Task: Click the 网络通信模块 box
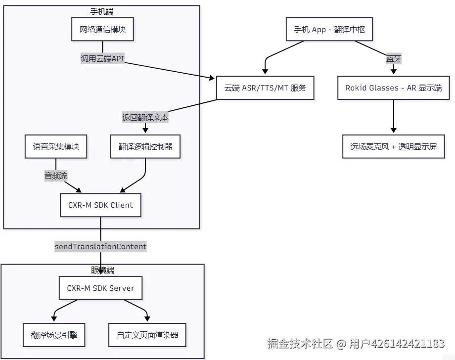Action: click(102, 29)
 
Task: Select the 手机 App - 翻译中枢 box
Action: click(329, 29)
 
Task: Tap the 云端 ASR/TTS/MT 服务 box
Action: click(265, 88)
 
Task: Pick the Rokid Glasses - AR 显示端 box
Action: click(394, 88)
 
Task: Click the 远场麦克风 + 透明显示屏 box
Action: click(394, 146)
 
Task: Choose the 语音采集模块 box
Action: click(56, 146)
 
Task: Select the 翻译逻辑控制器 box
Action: click(145, 146)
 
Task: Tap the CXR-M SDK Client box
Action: click(101, 205)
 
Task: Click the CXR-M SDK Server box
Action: click(101, 288)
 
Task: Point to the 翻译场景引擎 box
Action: click(54, 335)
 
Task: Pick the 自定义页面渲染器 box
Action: click(147, 335)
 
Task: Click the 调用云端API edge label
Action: click(102, 58)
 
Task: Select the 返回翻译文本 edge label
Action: click(145, 117)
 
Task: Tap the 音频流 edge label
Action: click(56, 176)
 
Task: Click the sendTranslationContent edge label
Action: click(101, 247)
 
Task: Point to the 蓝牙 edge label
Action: click(394, 58)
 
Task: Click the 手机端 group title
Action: click(101, 11)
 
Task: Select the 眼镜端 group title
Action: click(102, 270)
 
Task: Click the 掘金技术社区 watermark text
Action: click(300, 344)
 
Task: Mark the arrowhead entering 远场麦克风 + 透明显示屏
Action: click(394, 131)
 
